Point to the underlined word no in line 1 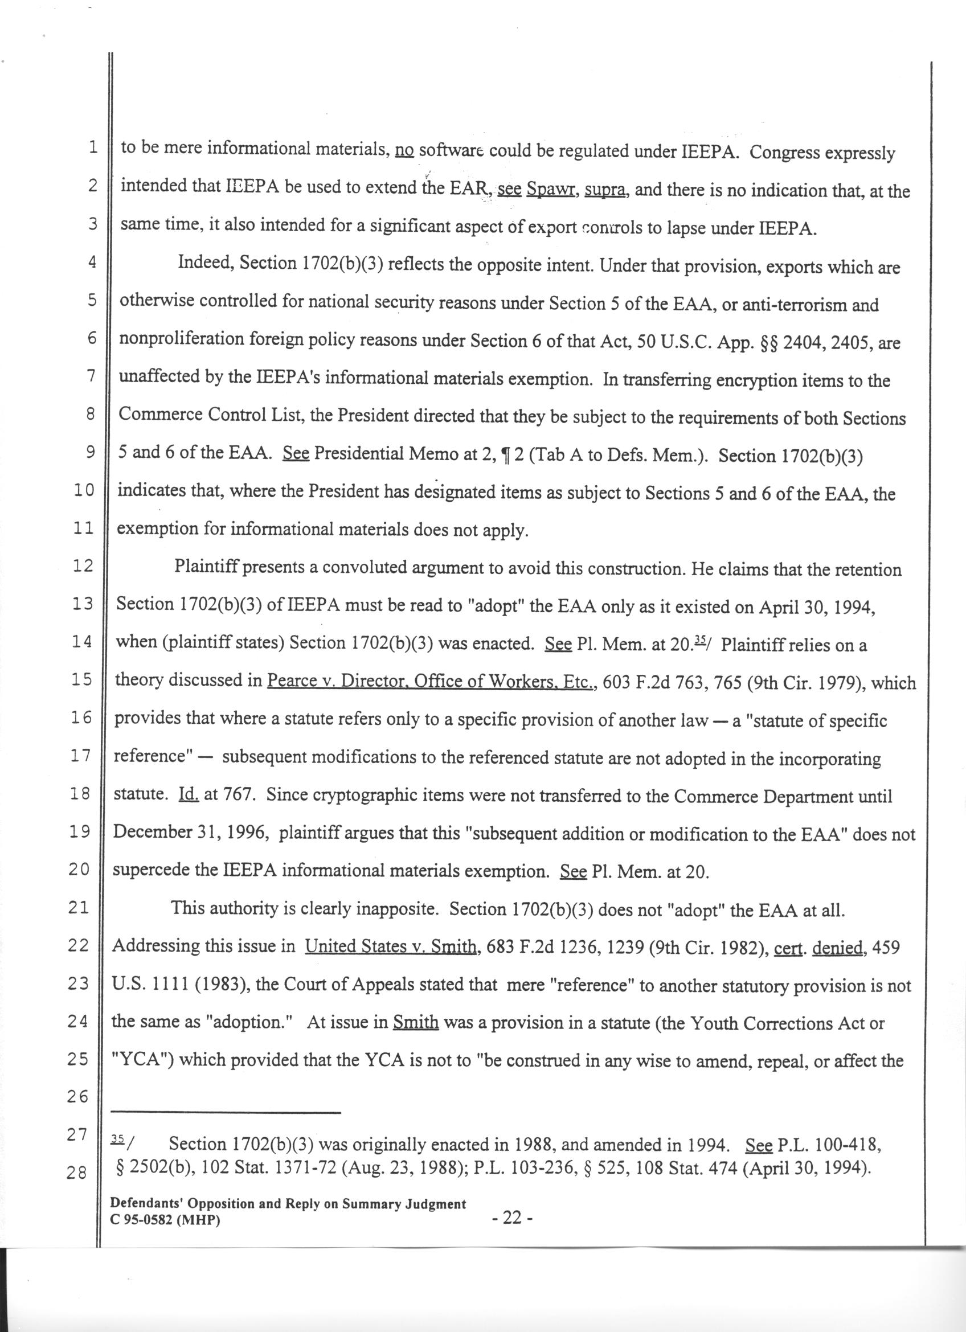[x=404, y=151]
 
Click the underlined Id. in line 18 [x=189, y=795]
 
